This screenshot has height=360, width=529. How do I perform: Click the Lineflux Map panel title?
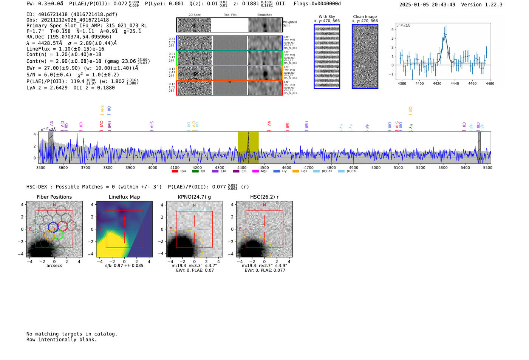124,197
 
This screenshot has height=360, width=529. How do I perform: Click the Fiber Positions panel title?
54,197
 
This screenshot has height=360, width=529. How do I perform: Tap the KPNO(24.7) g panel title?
194,197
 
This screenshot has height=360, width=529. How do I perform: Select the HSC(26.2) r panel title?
264,197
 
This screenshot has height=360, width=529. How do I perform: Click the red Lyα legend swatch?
175,172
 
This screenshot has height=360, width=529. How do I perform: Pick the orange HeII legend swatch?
295,172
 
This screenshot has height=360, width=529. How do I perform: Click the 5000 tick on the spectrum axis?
376,167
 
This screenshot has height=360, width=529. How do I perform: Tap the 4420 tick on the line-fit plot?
437,83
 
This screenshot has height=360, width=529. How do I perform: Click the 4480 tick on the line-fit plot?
490,83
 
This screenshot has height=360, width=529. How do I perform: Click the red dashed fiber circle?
62,226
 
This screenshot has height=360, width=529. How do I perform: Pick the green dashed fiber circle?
58,235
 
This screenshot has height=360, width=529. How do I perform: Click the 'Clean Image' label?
365,17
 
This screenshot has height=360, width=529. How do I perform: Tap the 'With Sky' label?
326,17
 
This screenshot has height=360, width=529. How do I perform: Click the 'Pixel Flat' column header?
230,15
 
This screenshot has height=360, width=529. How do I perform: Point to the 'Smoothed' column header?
264,15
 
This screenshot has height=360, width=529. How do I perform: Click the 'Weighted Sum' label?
289,24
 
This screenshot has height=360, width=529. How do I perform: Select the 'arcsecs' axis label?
54,266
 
